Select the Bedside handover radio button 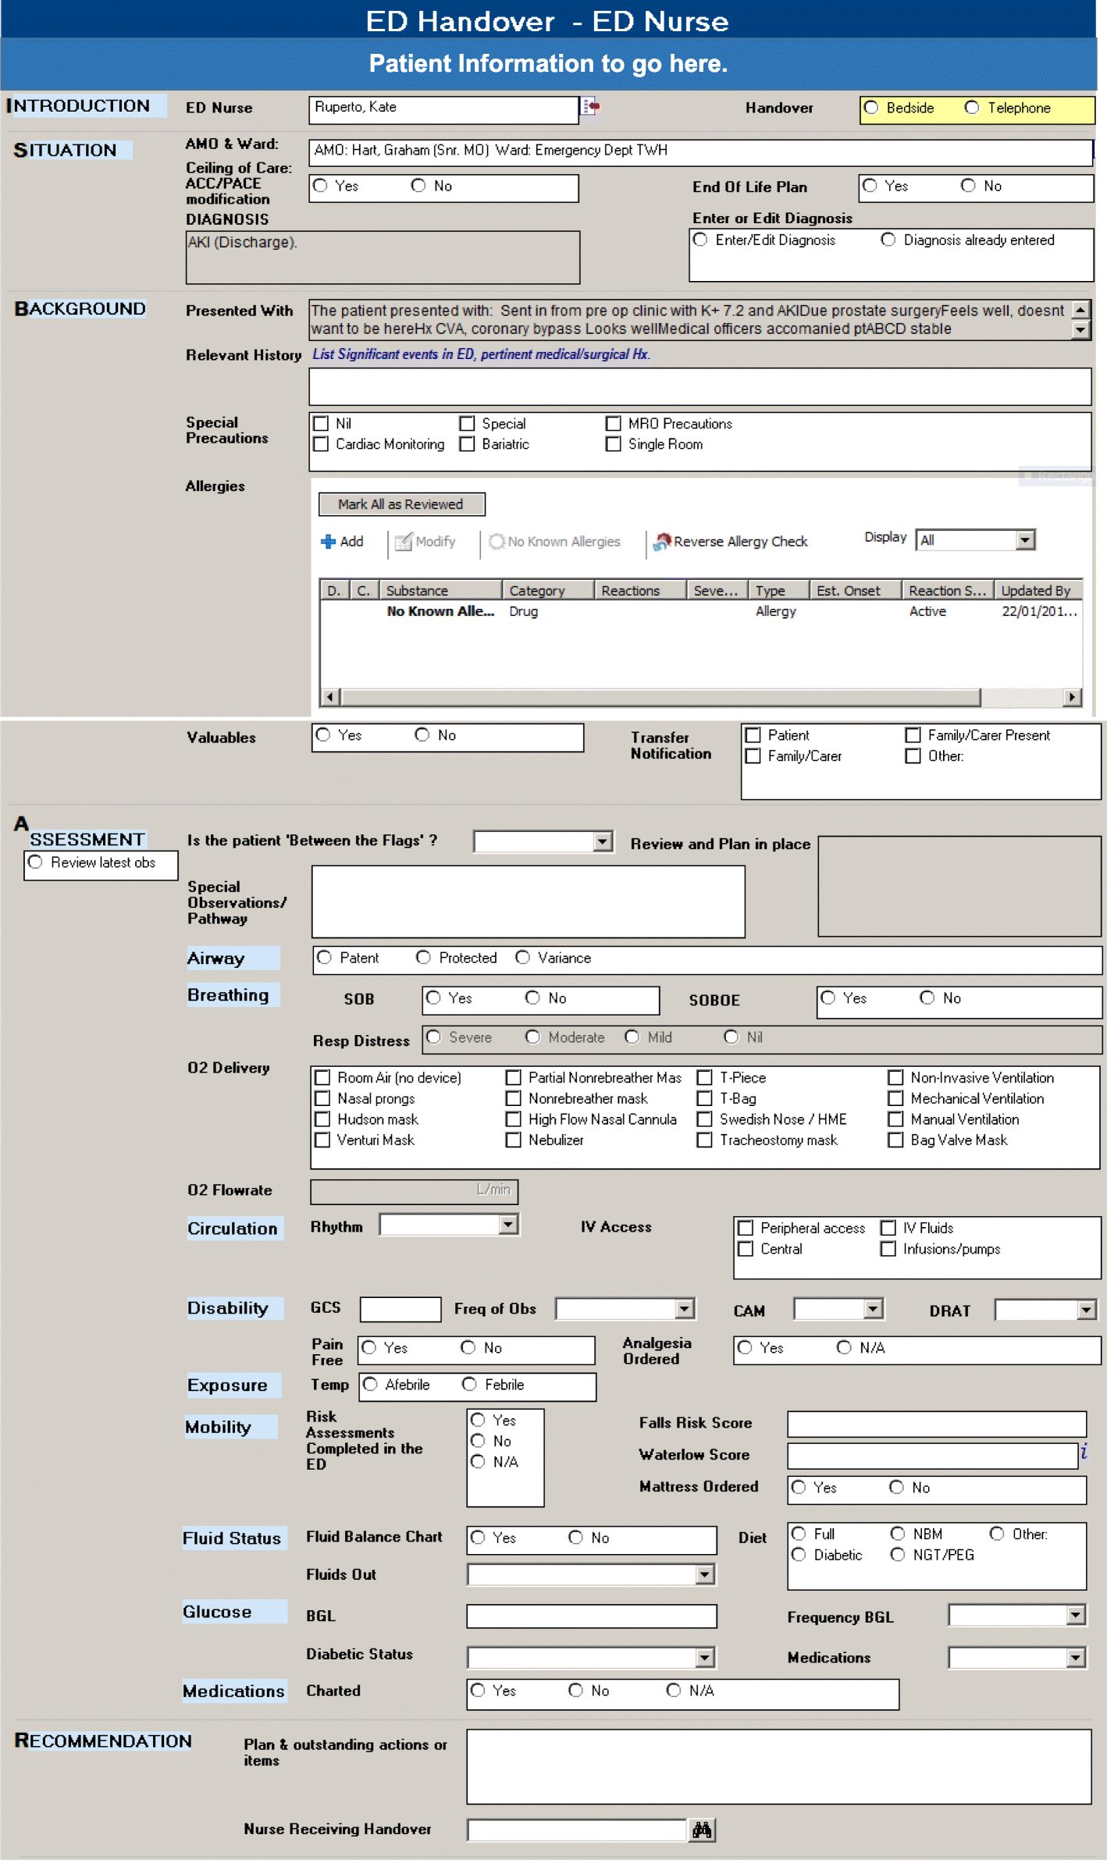871,108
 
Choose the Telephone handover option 972,108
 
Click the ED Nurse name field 443,108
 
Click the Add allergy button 342,542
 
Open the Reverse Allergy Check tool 731,542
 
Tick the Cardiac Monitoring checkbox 321,444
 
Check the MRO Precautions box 614,424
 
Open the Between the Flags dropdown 602,841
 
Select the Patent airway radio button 325,958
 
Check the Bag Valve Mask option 895,1140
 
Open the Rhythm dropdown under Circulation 508,1225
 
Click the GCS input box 400,1309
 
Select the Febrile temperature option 469,1385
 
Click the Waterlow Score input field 932,1456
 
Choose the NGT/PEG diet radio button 898,1555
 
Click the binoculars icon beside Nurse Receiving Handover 702,1830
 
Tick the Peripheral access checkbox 746,1229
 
